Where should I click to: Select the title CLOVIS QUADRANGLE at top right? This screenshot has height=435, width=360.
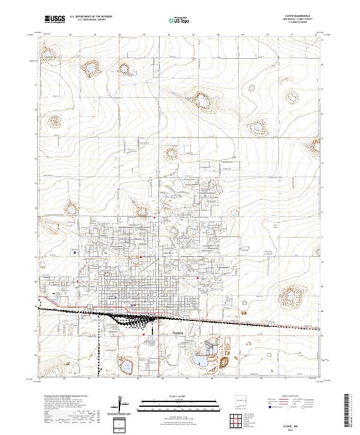click(302, 17)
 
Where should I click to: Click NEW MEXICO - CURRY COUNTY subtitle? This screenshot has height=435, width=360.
click(302, 20)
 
